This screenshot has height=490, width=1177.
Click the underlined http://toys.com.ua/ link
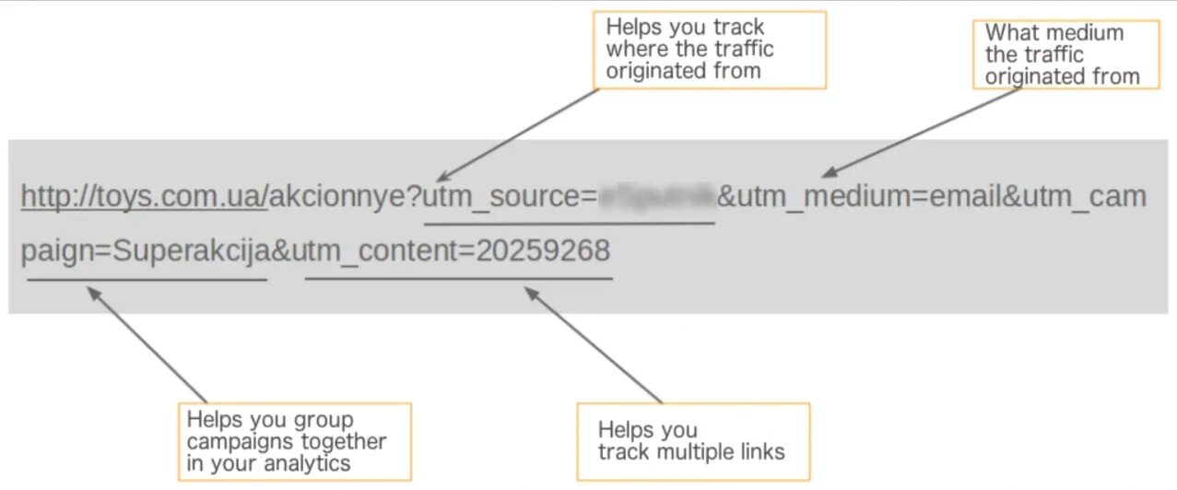pos(144,196)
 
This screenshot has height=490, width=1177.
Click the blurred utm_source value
pos(657,196)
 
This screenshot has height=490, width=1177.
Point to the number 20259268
pos(543,251)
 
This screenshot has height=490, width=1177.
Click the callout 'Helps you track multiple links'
pos(692,441)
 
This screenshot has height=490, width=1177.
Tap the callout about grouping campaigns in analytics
pos(294,441)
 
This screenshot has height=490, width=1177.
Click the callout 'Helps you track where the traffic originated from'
pos(709,50)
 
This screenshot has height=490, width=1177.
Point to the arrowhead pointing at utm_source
pos(442,176)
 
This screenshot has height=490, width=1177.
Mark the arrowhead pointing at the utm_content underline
pos(529,292)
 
